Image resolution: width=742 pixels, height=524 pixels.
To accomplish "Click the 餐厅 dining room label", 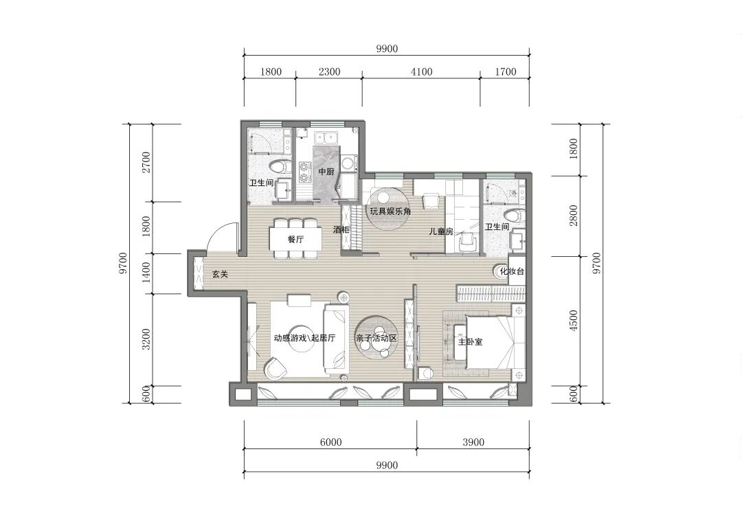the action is (295, 239).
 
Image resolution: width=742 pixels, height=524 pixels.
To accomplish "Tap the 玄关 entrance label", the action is (220, 274).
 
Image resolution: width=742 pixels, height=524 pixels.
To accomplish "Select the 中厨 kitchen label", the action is (326, 171).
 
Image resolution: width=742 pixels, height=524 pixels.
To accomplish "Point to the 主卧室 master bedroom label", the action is (471, 341).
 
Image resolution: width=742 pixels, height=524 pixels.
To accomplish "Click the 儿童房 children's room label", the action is (441, 231).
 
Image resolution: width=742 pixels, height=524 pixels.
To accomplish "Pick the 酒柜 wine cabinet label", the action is (341, 230).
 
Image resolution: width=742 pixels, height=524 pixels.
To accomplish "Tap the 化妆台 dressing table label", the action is (512, 271).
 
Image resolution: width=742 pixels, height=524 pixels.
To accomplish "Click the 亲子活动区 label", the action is (376, 339).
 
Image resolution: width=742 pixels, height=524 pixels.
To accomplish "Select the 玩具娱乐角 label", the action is (390, 212).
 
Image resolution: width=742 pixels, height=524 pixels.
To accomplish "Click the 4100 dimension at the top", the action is (422, 72).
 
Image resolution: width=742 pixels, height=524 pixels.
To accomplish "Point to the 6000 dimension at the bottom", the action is (330, 442).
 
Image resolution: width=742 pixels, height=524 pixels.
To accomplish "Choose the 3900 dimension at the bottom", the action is (473, 442).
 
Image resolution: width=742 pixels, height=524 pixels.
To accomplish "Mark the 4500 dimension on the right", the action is (574, 321).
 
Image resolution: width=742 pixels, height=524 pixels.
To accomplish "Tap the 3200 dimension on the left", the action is (146, 339).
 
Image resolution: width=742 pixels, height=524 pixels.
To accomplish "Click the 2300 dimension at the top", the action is (329, 72).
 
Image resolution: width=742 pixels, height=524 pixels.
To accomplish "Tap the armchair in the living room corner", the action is (275, 369).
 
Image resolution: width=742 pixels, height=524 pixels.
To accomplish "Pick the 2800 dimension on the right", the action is (574, 216).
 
